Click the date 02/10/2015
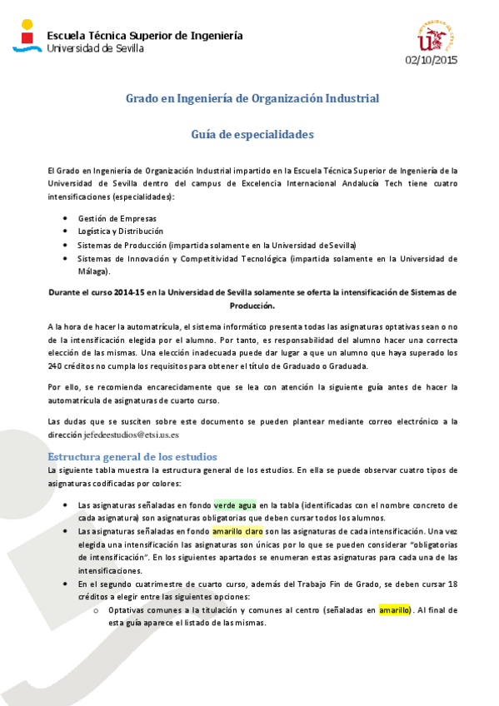[432, 60]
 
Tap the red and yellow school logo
[27, 34]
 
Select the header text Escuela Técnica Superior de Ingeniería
[145, 36]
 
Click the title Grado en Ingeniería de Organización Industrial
[252, 98]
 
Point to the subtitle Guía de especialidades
[252, 133]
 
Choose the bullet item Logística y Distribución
[121, 231]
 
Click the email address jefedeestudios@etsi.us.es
[132, 435]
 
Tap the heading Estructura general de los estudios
[132, 457]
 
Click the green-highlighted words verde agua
[235, 505]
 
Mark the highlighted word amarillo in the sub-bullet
[394, 611]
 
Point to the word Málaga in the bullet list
[92, 271]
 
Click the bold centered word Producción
[252, 306]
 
